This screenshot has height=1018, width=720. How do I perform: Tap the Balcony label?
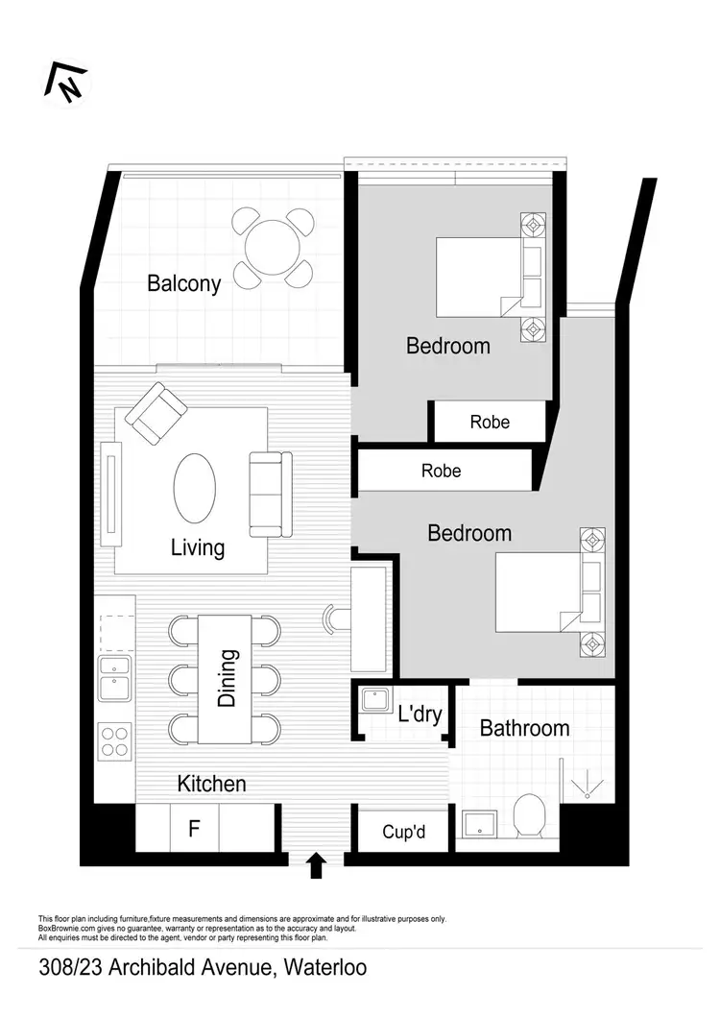(183, 283)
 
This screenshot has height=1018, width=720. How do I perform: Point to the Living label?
(198, 548)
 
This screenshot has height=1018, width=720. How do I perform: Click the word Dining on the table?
(227, 679)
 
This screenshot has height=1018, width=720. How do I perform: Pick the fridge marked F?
(194, 827)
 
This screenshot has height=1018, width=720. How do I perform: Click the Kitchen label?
(211, 784)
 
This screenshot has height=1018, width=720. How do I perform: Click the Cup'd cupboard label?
(403, 832)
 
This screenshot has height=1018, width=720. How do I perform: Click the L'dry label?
(420, 714)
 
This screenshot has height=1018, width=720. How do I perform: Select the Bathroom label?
(524, 728)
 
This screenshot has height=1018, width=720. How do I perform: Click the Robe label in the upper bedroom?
(490, 422)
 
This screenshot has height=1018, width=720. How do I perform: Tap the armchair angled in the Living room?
(156, 413)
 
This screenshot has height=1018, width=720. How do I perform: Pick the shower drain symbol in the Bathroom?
(586, 788)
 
